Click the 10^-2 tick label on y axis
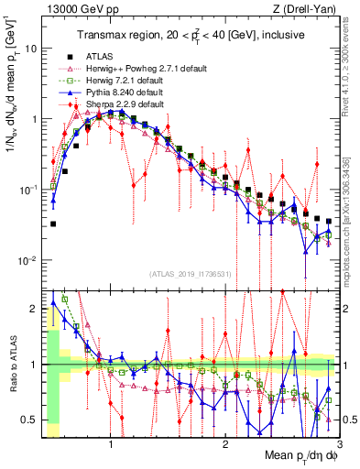pos(29,260)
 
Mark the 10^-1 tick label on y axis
pos(29,190)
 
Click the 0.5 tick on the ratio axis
pos(32,420)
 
